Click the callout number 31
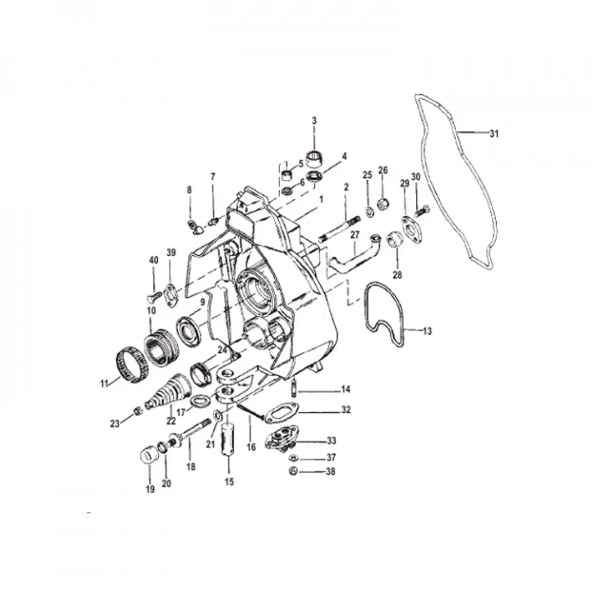pos(494,134)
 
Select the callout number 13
pos(427,331)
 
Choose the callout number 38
pos(330,472)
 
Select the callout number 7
pos(213,177)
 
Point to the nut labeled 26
pos(383,203)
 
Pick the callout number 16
pos(251,447)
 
